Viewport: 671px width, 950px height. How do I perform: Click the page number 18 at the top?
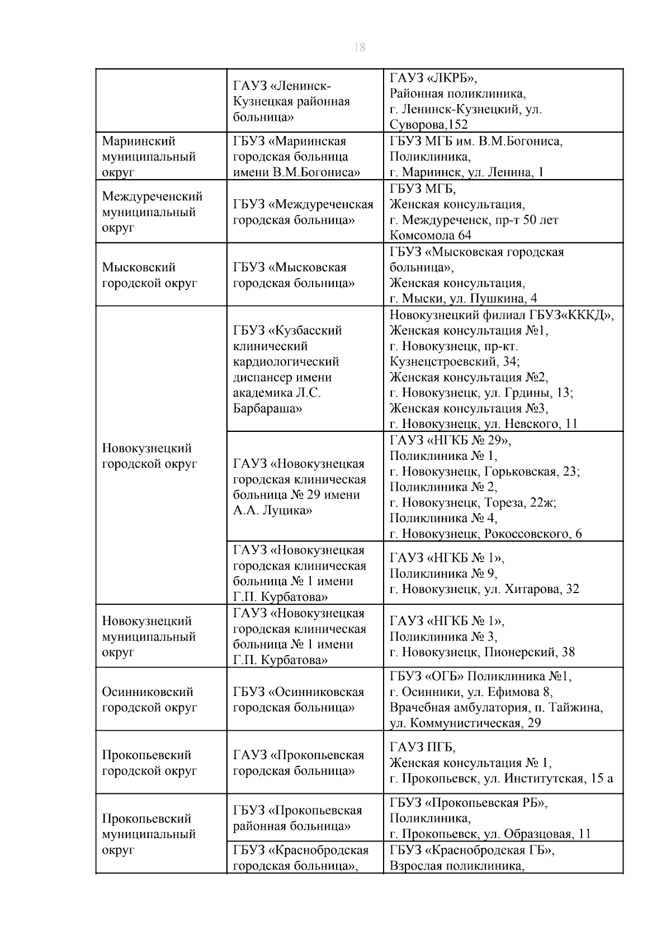tap(360, 48)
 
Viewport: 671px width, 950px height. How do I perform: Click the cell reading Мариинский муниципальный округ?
tap(149, 157)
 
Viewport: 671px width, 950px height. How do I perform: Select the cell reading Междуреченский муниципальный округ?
tap(152, 212)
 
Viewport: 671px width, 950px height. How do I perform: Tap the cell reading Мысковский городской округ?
tap(149, 275)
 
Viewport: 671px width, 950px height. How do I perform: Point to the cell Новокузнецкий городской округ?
tap(149, 456)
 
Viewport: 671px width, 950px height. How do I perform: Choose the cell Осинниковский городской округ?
tap(149, 699)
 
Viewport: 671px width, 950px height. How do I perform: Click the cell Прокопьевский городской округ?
tap(149, 763)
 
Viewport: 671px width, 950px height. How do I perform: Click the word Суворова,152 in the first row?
tap(428, 125)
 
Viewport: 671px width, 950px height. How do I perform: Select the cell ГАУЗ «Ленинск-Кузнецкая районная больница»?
tap(291, 102)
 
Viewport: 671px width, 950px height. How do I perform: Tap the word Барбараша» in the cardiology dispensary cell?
tap(267, 408)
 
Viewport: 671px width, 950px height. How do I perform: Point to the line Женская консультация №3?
tap(469, 408)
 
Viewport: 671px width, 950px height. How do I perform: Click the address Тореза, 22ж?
tap(520, 502)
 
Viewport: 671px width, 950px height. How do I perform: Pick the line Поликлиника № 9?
tap(443, 573)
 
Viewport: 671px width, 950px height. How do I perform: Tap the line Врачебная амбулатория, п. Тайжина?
tap(496, 708)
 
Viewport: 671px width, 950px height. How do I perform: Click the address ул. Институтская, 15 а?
tap(559, 778)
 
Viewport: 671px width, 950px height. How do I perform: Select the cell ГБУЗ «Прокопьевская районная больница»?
tap(298, 818)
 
